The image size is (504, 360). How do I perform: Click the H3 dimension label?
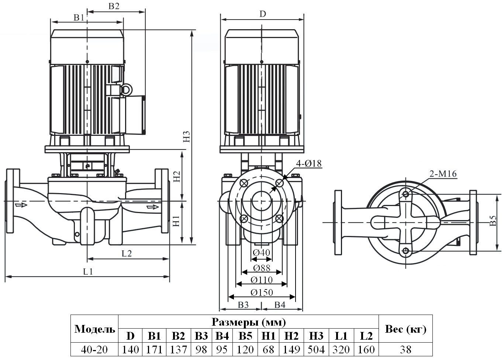point(187,137)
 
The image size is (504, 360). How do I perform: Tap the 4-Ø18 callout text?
point(308,163)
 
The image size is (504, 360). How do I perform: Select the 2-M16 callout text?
point(443,174)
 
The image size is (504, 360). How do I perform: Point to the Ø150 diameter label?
point(262,292)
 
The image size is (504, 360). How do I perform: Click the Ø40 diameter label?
point(262,253)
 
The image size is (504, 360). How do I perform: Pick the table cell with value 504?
point(316,349)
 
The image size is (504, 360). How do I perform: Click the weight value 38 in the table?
point(405,349)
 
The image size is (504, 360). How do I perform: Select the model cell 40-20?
point(94,349)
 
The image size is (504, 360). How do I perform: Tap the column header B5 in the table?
point(245,336)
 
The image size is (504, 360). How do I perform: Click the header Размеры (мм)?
point(248,322)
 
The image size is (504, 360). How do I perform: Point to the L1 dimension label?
point(88,272)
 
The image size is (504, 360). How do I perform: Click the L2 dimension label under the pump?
point(127,253)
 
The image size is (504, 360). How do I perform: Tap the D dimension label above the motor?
point(262,14)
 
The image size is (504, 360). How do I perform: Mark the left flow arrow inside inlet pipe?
point(21,204)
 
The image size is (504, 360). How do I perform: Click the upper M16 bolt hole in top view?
point(406,193)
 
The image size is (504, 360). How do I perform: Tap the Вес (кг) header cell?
point(405,329)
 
